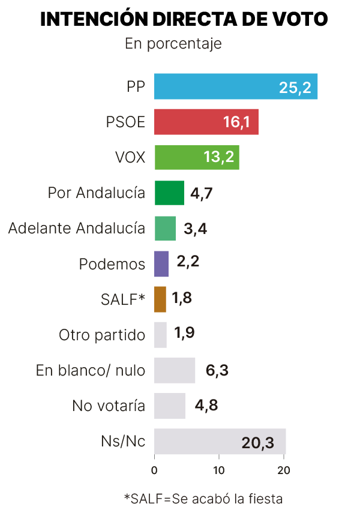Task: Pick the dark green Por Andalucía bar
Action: (169, 193)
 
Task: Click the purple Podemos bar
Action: (161, 263)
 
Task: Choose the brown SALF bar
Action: (160, 299)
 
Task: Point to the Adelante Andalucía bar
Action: (165, 228)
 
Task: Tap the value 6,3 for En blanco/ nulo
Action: (217, 370)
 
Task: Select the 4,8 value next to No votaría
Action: (206, 406)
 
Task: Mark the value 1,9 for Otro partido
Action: (184, 334)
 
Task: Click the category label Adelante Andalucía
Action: (77, 228)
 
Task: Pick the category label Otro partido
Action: (102, 335)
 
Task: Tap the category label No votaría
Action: (109, 406)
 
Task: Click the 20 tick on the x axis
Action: (284, 470)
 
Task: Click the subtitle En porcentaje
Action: (173, 44)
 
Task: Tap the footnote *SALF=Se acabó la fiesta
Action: (203, 498)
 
